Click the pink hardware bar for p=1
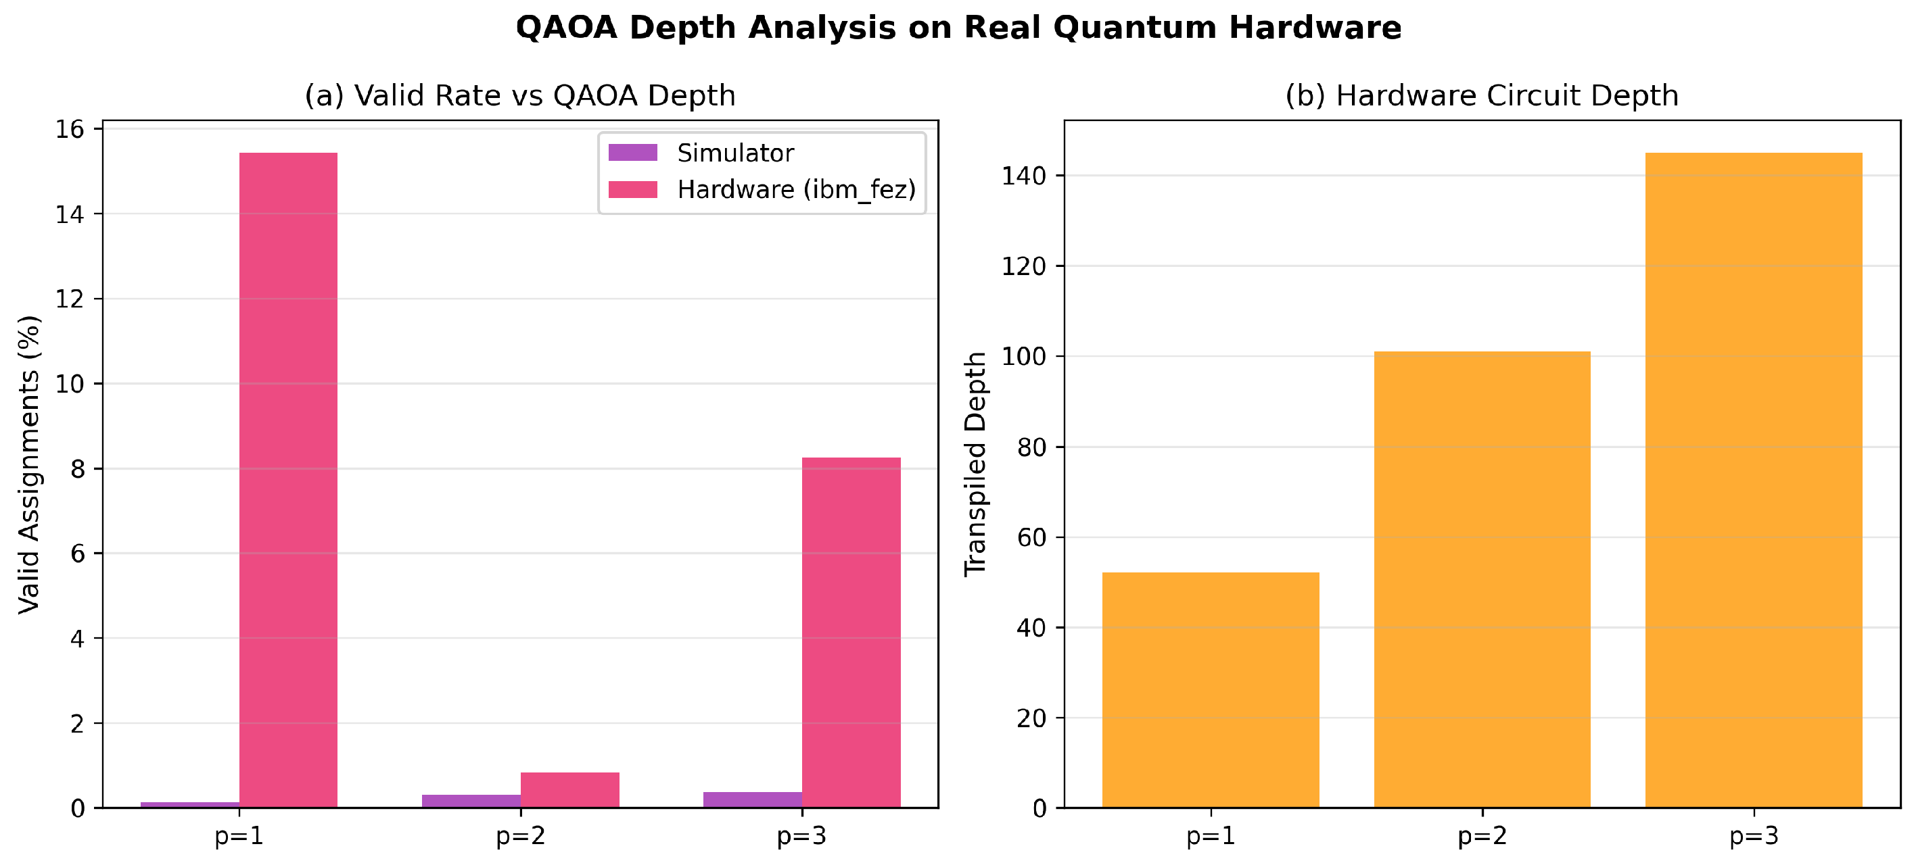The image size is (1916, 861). tap(288, 480)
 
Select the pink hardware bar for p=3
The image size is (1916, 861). tap(851, 632)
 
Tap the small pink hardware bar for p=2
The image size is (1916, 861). tap(569, 789)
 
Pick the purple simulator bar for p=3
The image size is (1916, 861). tap(753, 800)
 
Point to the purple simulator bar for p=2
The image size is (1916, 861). tap(471, 802)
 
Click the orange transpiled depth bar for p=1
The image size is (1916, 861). tap(1211, 690)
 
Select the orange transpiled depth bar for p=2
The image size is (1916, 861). tap(1482, 579)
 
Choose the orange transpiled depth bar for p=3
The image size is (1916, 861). tap(1754, 481)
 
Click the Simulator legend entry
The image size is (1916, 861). tap(701, 153)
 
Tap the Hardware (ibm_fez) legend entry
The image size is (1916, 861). tap(762, 191)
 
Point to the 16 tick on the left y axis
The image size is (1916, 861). tap(70, 129)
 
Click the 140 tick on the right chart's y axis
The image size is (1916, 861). tap(1023, 176)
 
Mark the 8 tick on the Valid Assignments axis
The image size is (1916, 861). tap(77, 469)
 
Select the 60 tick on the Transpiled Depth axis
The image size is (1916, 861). tap(1031, 537)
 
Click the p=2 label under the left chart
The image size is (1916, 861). tap(521, 837)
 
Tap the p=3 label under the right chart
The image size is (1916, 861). tap(1754, 837)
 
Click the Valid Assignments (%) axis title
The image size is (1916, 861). tap(29, 465)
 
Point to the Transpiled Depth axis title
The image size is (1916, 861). tap(975, 464)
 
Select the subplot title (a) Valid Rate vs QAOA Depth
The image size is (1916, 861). tap(520, 96)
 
